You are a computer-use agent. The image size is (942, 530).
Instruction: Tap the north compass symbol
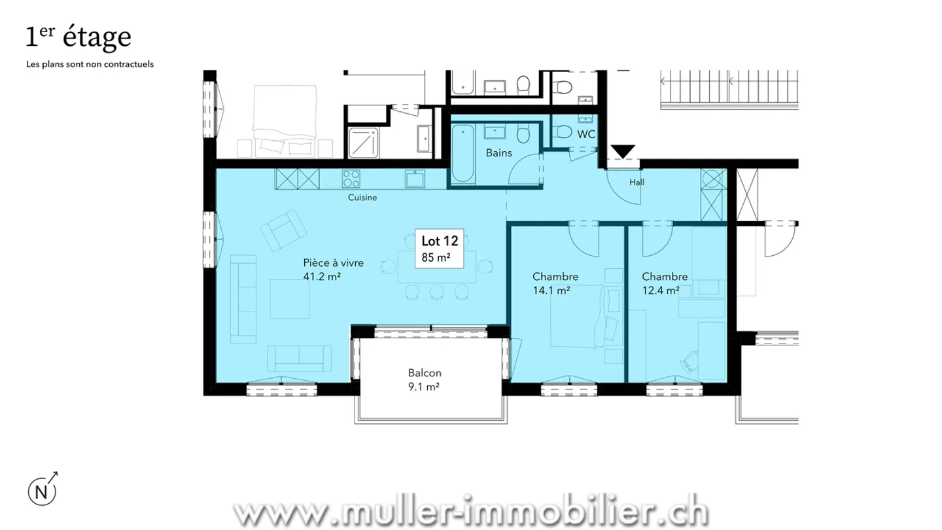41,491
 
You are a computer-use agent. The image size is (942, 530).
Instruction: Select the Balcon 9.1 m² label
425,380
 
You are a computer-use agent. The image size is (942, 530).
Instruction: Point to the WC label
586,134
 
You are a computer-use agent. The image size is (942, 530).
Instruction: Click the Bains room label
498,153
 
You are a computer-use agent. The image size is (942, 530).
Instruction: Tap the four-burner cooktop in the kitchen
351,177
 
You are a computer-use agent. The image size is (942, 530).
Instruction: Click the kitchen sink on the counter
415,178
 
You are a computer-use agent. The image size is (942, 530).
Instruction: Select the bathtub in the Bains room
462,154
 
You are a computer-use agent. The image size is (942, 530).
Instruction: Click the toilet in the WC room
561,133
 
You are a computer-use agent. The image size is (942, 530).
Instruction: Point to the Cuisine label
362,197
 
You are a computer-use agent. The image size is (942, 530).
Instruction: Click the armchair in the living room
284,229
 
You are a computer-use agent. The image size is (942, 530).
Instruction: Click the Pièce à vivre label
333,262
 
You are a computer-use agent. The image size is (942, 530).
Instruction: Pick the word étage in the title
97,38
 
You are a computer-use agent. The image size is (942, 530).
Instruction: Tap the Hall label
637,183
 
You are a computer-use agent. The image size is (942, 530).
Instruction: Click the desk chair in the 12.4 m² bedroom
691,359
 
